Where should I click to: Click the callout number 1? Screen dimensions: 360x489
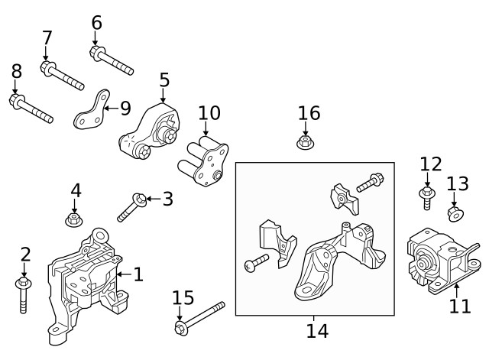tap(138, 274)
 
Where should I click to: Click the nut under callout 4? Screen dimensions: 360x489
tap(74, 220)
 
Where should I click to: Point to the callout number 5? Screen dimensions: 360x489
tap(164, 80)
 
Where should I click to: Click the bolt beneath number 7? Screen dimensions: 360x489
tap(63, 76)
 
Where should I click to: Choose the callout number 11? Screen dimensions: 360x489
tap(460, 306)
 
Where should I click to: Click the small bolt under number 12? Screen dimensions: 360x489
tap(427, 197)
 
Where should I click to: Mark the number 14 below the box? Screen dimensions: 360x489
tap(317, 331)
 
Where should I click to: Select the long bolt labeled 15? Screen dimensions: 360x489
tap(199, 317)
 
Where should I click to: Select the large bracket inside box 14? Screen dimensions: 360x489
tap(336, 256)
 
